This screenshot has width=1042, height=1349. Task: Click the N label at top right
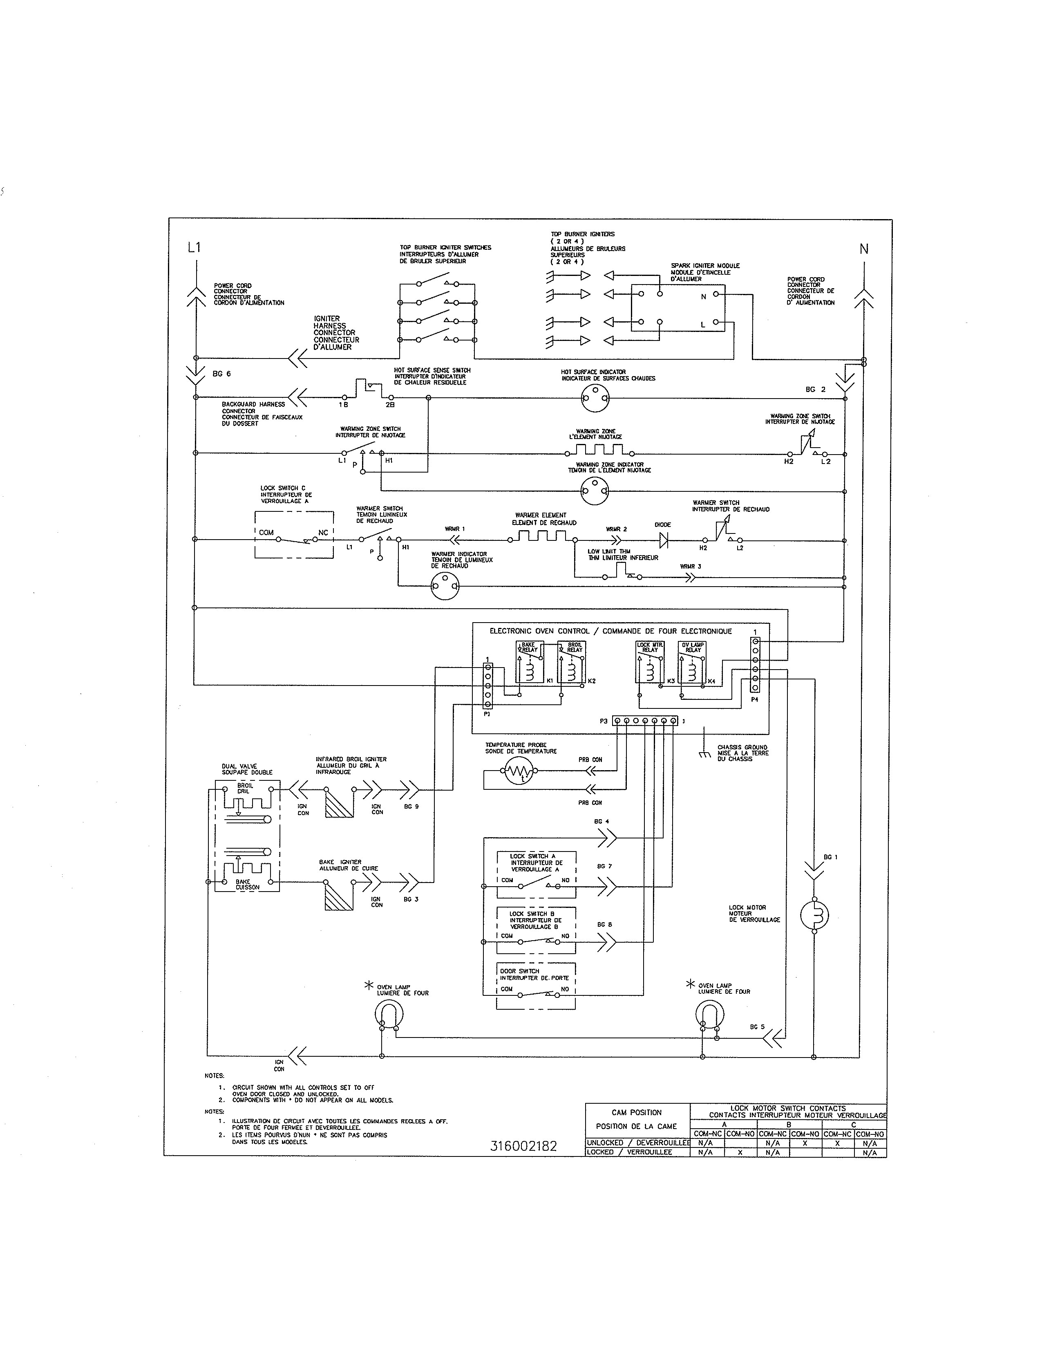[x=863, y=249]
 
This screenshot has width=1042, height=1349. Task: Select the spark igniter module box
[x=678, y=308]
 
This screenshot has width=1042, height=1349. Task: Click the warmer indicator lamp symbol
[x=445, y=585]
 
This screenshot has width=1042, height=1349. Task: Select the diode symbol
[x=664, y=540]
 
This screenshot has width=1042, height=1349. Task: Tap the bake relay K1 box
[x=529, y=661]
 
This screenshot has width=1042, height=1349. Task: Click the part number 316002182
[x=523, y=1146]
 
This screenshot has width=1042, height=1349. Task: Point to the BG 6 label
[x=221, y=374]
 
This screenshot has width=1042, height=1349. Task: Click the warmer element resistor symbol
[x=541, y=536]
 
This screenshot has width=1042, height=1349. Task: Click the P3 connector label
[x=603, y=721]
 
